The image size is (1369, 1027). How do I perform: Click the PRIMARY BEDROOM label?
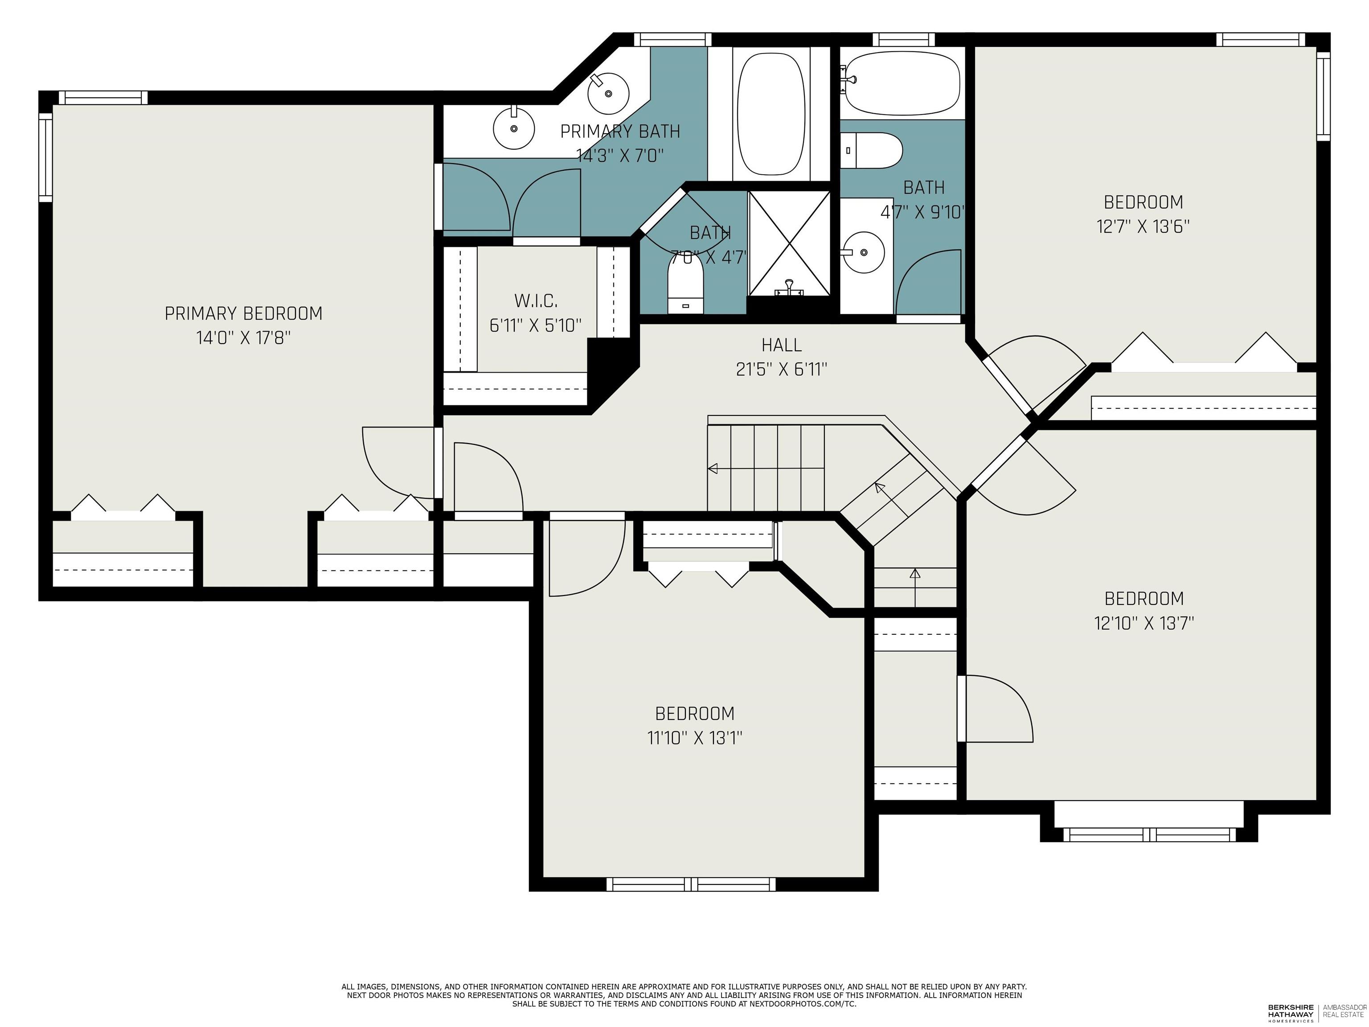(243, 313)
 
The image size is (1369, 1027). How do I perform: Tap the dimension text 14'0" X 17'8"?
(243, 338)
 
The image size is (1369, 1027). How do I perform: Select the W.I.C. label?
(535, 301)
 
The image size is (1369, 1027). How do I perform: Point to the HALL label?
(781, 345)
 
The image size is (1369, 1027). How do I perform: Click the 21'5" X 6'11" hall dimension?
(781, 370)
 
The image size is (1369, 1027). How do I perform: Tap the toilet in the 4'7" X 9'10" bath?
(871, 150)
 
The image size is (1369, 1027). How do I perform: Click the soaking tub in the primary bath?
(771, 113)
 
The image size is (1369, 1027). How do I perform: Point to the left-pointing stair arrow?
(713, 468)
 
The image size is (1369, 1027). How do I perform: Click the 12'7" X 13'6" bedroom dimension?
(1143, 226)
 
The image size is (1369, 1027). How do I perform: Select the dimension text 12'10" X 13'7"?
(1143, 623)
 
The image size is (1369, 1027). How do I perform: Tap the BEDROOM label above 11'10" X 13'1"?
(694, 714)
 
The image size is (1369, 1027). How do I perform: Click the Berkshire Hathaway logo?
(1291, 1011)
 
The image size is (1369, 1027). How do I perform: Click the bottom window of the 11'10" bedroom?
(691, 884)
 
